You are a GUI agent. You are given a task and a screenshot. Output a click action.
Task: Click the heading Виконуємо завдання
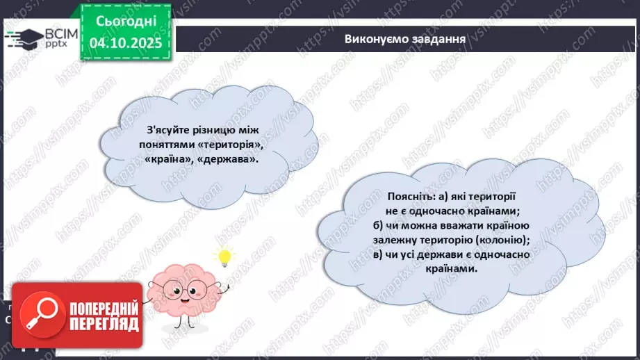[x=404, y=38]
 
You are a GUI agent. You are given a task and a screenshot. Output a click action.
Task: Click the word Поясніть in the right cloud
[x=371, y=197]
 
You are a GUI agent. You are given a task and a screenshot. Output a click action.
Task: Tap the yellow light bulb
[x=224, y=257]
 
